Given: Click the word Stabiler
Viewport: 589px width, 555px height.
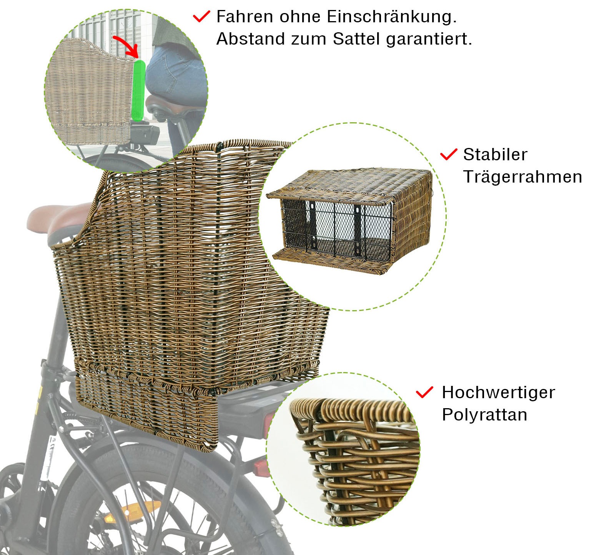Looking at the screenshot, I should [x=495, y=155].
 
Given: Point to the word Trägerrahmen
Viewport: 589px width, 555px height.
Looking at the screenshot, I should [x=522, y=177].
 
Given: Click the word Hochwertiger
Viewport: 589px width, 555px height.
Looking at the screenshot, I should [x=498, y=393].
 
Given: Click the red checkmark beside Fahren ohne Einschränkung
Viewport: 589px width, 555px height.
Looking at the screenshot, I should [x=201, y=17].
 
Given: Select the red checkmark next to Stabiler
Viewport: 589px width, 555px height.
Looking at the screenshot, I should [x=448, y=154].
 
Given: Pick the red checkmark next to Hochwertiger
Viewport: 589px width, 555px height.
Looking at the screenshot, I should [x=424, y=392].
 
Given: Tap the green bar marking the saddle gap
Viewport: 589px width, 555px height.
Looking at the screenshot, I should [x=138, y=90].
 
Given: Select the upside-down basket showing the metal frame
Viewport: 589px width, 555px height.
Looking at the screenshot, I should [x=350, y=221].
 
